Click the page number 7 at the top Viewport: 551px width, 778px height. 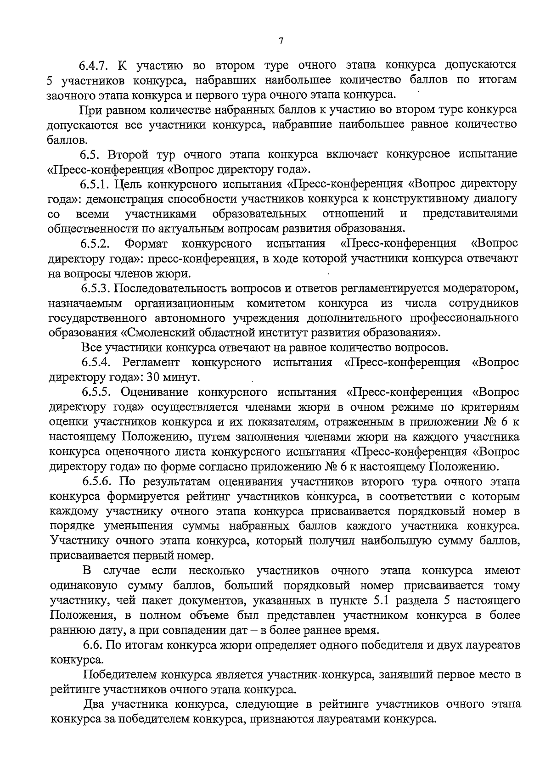(x=281, y=40)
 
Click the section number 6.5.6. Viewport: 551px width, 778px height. (x=96, y=481)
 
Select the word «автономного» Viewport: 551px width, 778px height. (x=180, y=318)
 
